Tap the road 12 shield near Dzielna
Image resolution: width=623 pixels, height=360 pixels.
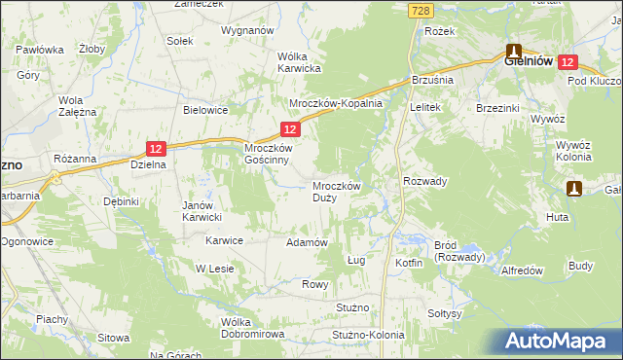(x=157, y=148)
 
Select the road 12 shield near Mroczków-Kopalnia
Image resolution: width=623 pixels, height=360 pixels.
(x=290, y=128)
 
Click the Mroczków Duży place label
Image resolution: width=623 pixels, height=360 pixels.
(x=337, y=191)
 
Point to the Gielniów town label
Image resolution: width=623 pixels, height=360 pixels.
(x=529, y=60)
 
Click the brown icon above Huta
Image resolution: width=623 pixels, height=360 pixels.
(x=575, y=188)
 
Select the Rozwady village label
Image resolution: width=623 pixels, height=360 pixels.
(x=424, y=181)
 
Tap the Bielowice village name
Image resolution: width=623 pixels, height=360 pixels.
(x=205, y=110)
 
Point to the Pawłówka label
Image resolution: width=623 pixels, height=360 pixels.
(x=40, y=50)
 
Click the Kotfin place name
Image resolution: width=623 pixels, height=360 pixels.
(x=409, y=264)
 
